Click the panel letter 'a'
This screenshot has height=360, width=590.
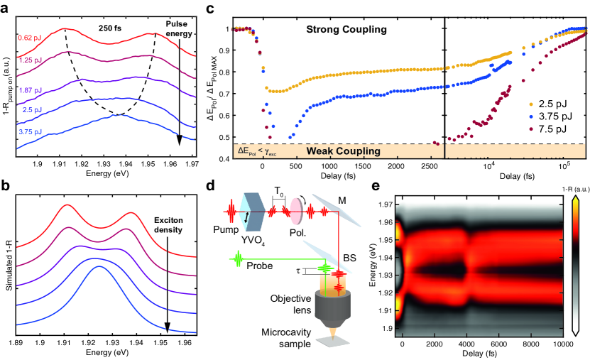point(6,7)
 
